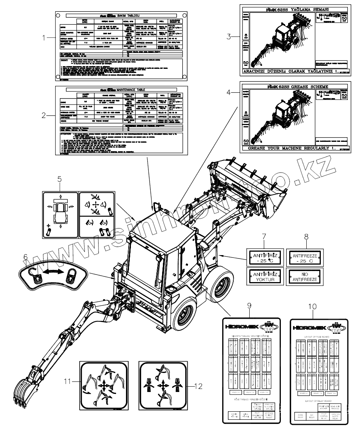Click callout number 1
point(45,38)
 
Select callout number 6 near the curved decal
point(25,257)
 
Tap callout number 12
point(198,386)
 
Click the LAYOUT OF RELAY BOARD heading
point(318,401)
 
